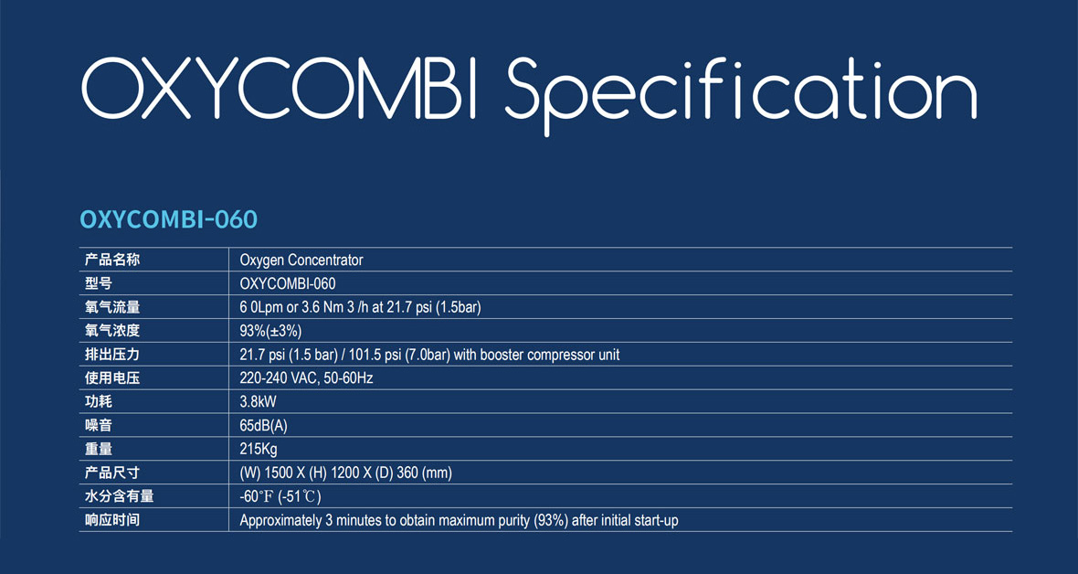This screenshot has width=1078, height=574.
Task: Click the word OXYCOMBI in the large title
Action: (x=279, y=90)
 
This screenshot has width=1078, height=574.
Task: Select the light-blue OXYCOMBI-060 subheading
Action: (x=169, y=219)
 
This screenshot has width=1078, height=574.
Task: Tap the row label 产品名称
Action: (x=112, y=260)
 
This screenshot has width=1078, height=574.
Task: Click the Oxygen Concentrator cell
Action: (x=301, y=260)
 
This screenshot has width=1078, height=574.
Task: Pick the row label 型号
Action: (x=99, y=282)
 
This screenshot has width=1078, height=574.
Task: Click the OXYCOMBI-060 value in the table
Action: (x=288, y=283)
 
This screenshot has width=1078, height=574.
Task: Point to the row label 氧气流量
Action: (x=112, y=307)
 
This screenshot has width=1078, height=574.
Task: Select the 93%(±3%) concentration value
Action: (x=270, y=331)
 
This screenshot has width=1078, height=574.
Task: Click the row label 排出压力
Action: (x=112, y=355)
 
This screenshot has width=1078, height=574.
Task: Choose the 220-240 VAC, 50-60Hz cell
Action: (x=306, y=377)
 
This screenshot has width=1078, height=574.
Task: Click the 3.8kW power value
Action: (x=258, y=401)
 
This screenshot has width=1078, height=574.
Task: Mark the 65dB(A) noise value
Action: (x=263, y=425)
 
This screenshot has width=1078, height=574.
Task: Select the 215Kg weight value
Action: (x=259, y=450)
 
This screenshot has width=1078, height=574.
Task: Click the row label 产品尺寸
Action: (x=112, y=473)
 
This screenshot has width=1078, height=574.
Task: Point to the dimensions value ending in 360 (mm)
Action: (x=346, y=473)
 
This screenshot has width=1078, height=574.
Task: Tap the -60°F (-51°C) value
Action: (x=280, y=496)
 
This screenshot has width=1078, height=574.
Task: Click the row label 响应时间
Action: (x=112, y=520)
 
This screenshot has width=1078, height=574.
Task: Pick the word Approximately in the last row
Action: (x=281, y=521)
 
